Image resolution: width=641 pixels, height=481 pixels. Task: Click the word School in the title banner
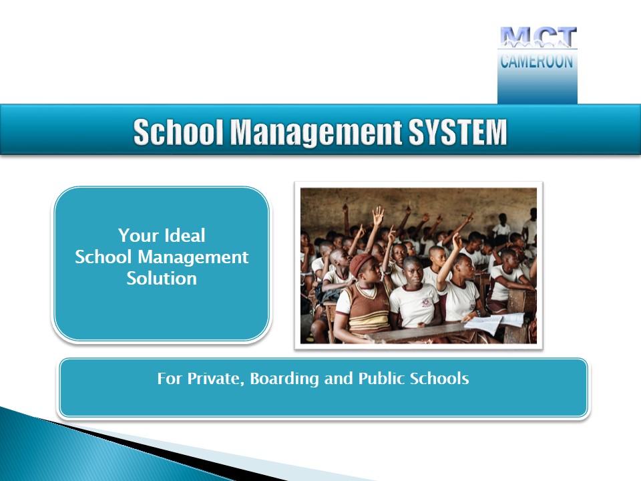tap(178, 132)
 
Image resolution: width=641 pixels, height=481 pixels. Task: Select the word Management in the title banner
tap(316, 132)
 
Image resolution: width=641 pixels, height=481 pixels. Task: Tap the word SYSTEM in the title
tap(458, 132)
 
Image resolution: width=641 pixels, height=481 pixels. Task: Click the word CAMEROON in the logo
tap(537, 61)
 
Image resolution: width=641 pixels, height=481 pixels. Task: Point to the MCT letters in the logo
tap(538, 37)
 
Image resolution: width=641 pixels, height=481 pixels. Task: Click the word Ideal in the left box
tap(184, 235)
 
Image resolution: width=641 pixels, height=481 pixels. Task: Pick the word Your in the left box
tap(139, 235)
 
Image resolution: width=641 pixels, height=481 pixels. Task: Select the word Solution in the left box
tap(162, 278)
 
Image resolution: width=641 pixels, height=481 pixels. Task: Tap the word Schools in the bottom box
tap(439, 378)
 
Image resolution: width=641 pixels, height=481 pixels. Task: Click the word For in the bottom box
tap(169, 379)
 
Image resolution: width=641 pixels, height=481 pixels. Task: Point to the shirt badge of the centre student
tap(426, 302)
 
